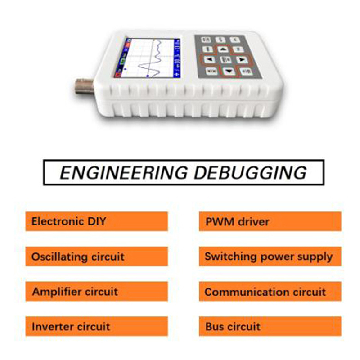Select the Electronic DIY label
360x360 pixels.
[69, 221]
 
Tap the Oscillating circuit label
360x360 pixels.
[77, 257]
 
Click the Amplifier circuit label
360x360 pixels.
[75, 292]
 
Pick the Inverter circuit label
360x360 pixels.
[71, 326]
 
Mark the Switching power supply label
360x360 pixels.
[269, 257]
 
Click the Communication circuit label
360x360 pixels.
[265, 292]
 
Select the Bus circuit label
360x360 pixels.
[233, 326]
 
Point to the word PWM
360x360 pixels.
[218, 221]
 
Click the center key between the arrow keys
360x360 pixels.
[225, 59]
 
